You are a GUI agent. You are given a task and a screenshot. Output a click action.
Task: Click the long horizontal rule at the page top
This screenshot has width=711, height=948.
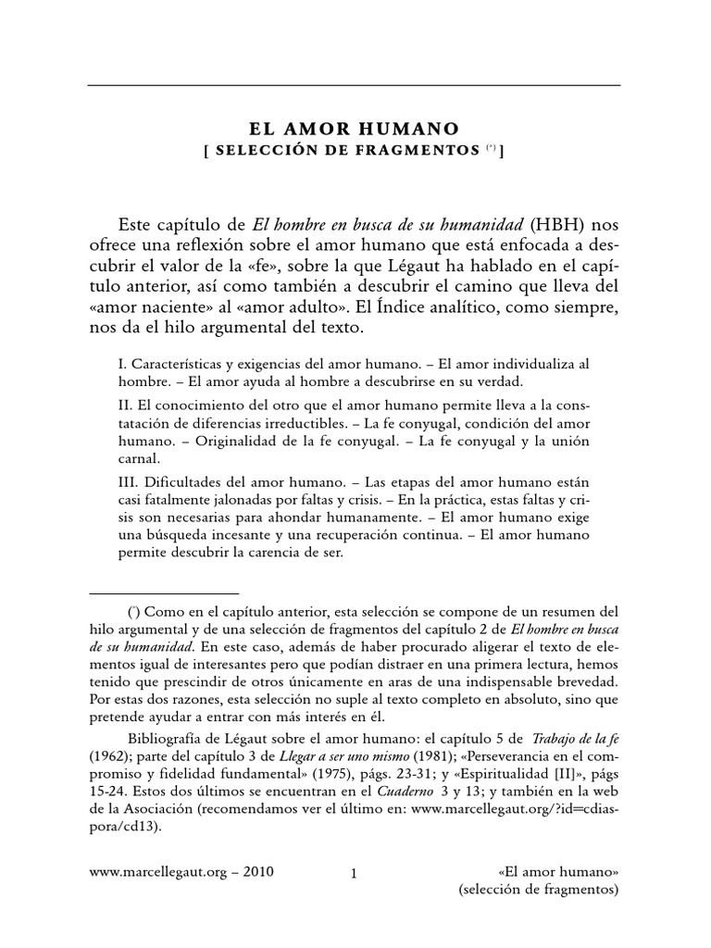point(355,85)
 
